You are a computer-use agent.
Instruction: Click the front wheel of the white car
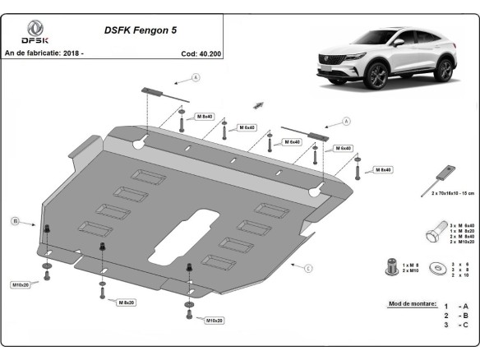[380, 79]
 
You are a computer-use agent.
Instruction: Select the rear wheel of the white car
[444, 71]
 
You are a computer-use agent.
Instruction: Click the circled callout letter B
[15, 221]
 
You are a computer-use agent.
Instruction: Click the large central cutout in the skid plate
[197, 227]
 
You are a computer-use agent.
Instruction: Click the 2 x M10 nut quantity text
[411, 270]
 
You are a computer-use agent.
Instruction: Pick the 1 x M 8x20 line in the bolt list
[462, 230]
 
